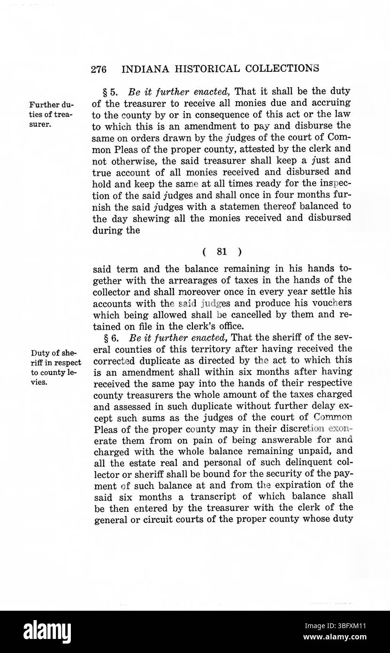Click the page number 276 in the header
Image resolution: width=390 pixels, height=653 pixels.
click(x=99, y=69)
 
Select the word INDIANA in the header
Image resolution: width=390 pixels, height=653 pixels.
click(x=142, y=69)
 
